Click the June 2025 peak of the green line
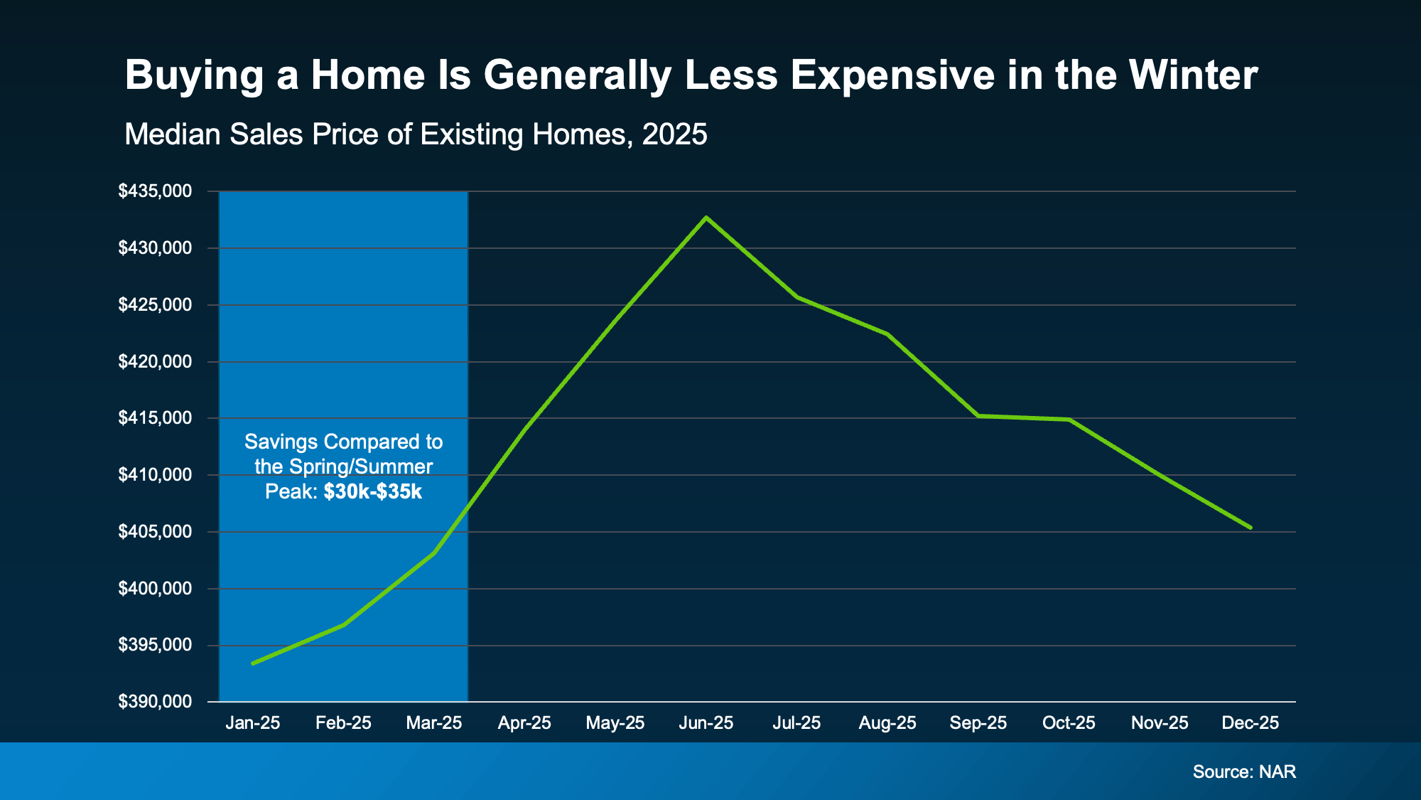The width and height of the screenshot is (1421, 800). click(x=706, y=218)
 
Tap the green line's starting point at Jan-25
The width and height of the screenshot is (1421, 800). click(x=253, y=663)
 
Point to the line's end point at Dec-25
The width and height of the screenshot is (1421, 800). click(x=1250, y=528)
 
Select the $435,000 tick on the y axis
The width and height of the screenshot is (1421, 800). click(x=155, y=191)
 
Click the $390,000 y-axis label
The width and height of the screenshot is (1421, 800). click(x=155, y=702)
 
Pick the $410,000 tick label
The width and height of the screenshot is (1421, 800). click(x=155, y=475)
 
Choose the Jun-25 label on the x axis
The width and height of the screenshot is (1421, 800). click(x=706, y=723)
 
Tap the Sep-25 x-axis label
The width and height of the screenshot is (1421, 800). click(x=978, y=723)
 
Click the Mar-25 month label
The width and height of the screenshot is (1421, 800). click(x=433, y=723)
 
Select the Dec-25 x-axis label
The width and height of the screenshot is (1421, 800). click(x=1250, y=723)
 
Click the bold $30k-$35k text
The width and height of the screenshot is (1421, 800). click(x=372, y=491)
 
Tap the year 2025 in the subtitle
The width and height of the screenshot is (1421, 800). click(x=674, y=134)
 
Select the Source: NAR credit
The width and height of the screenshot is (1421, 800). click(x=1244, y=772)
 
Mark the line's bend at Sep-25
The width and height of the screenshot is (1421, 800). click(x=978, y=415)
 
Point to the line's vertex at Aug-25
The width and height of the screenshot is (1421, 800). click(x=887, y=334)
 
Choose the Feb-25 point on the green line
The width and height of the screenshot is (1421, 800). click(x=344, y=624)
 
